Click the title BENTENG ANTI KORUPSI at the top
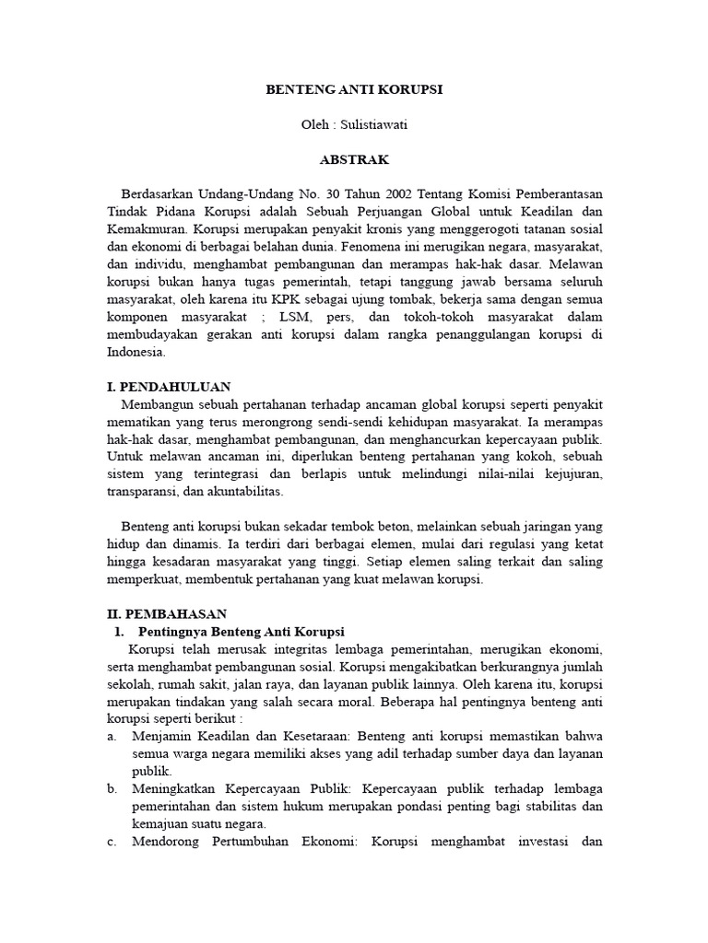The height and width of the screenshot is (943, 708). pyautogui.click(x=354, y=90)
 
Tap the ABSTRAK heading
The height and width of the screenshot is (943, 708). pyautogui.click(x=354, y=160)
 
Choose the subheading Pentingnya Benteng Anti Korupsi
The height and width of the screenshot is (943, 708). pyautogui.click(x=241, y=631)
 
